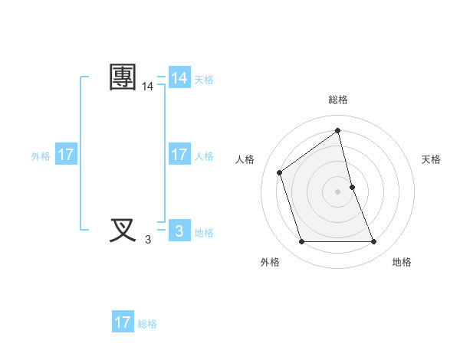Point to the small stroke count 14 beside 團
(x=147, y=88)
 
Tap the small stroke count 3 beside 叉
(x=147, y=240)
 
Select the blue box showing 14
(x=179, y=78)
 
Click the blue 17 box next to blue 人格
(x=179, y=155)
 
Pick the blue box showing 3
(x=179, y=230)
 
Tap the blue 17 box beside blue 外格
(x=66, y=155)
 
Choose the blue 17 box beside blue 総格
(x=123, y=322)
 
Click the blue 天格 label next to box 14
(x=204, y=80)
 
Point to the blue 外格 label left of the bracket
(x=41, y=156)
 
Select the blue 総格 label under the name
(x=147, y=324)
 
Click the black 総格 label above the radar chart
(x=338, y=100)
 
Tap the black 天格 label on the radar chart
(x=431, y=159)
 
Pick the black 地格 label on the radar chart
(x=402, y=262)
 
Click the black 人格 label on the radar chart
(x=245, y=159)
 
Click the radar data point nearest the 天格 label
(x=352, y=187)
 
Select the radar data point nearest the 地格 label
(x=374, y=242)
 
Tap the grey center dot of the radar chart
(x=338, y=191)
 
